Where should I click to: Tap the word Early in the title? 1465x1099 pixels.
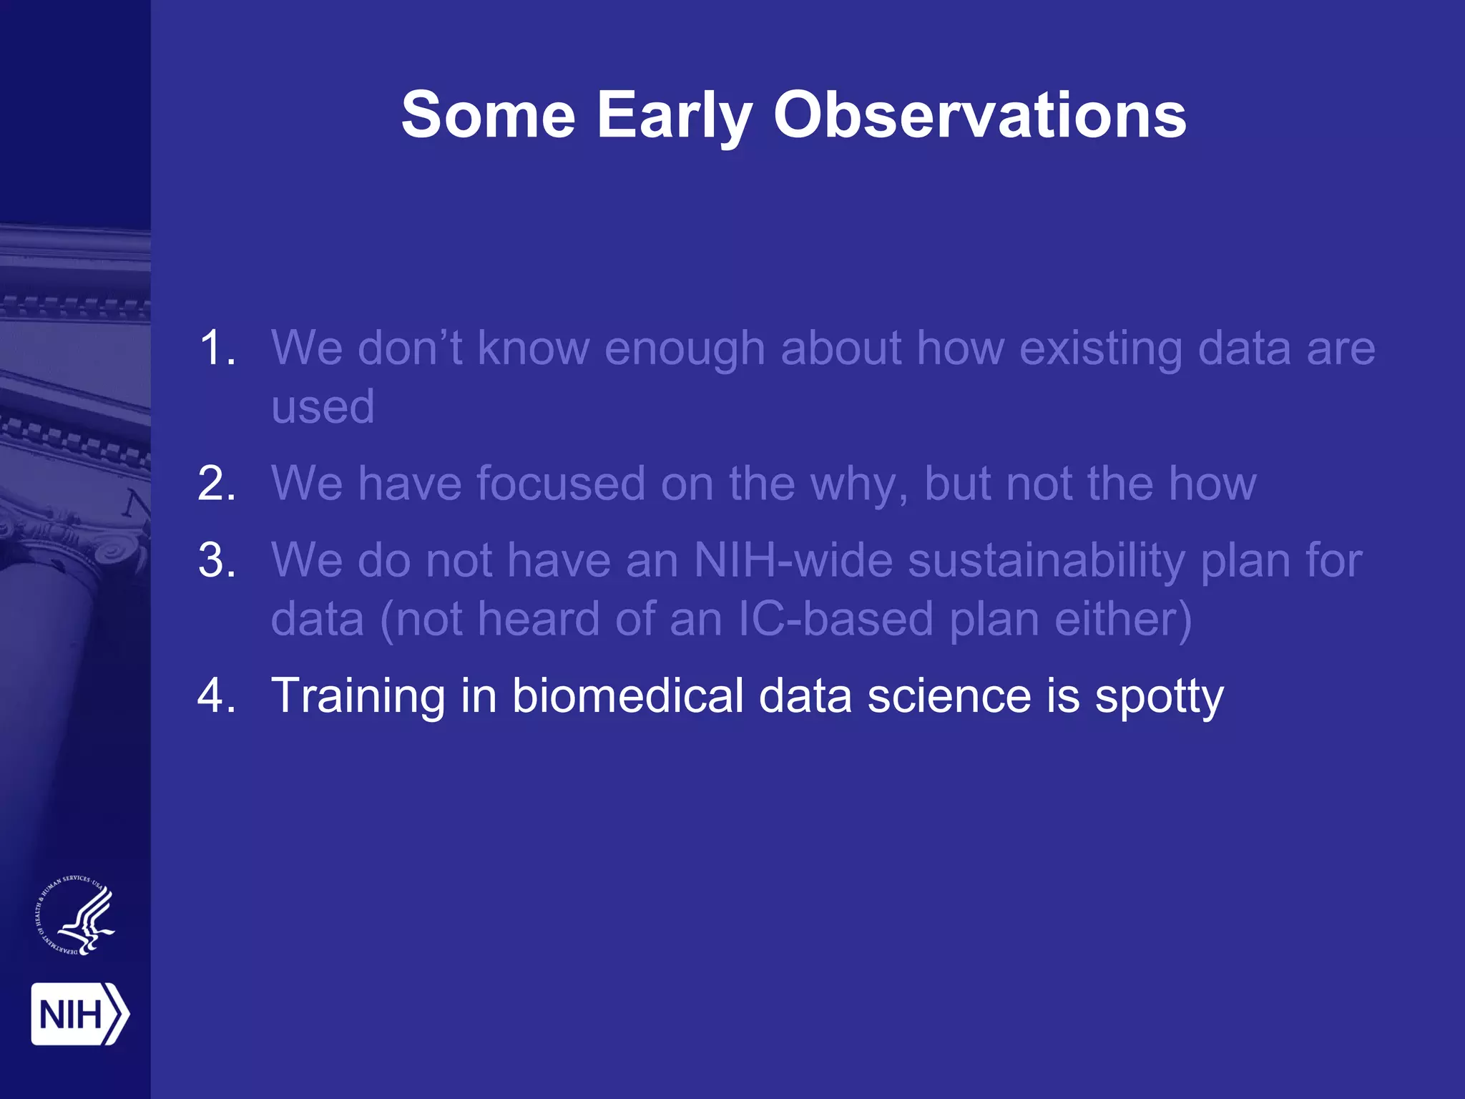point(674,116)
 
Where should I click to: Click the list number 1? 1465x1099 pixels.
point(216,348)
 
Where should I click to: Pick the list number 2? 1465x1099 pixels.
point(216,484)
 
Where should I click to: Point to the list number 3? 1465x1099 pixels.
point(216,560)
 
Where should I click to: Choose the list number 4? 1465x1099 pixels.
point(216,695)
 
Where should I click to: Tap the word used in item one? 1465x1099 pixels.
point(323,406)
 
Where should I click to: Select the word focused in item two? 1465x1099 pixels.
point(560,484)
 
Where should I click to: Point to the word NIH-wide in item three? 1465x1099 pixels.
point(793,560)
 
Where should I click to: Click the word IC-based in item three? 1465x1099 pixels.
point(835,619)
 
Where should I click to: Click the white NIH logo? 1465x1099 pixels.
point(79,1014)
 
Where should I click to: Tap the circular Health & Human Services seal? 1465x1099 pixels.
point(75,915)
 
